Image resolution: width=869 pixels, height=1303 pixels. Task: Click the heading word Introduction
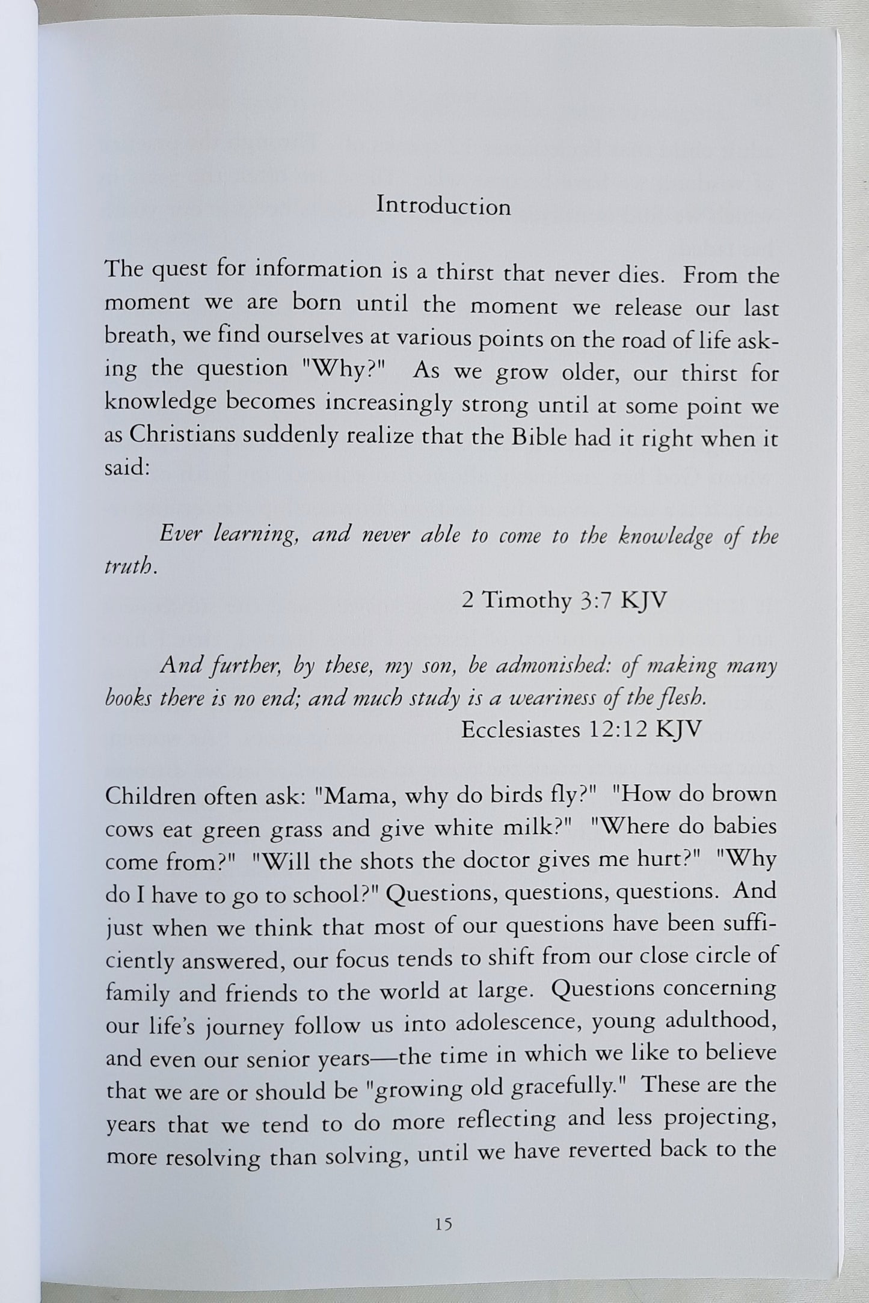(x=443, y=206)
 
